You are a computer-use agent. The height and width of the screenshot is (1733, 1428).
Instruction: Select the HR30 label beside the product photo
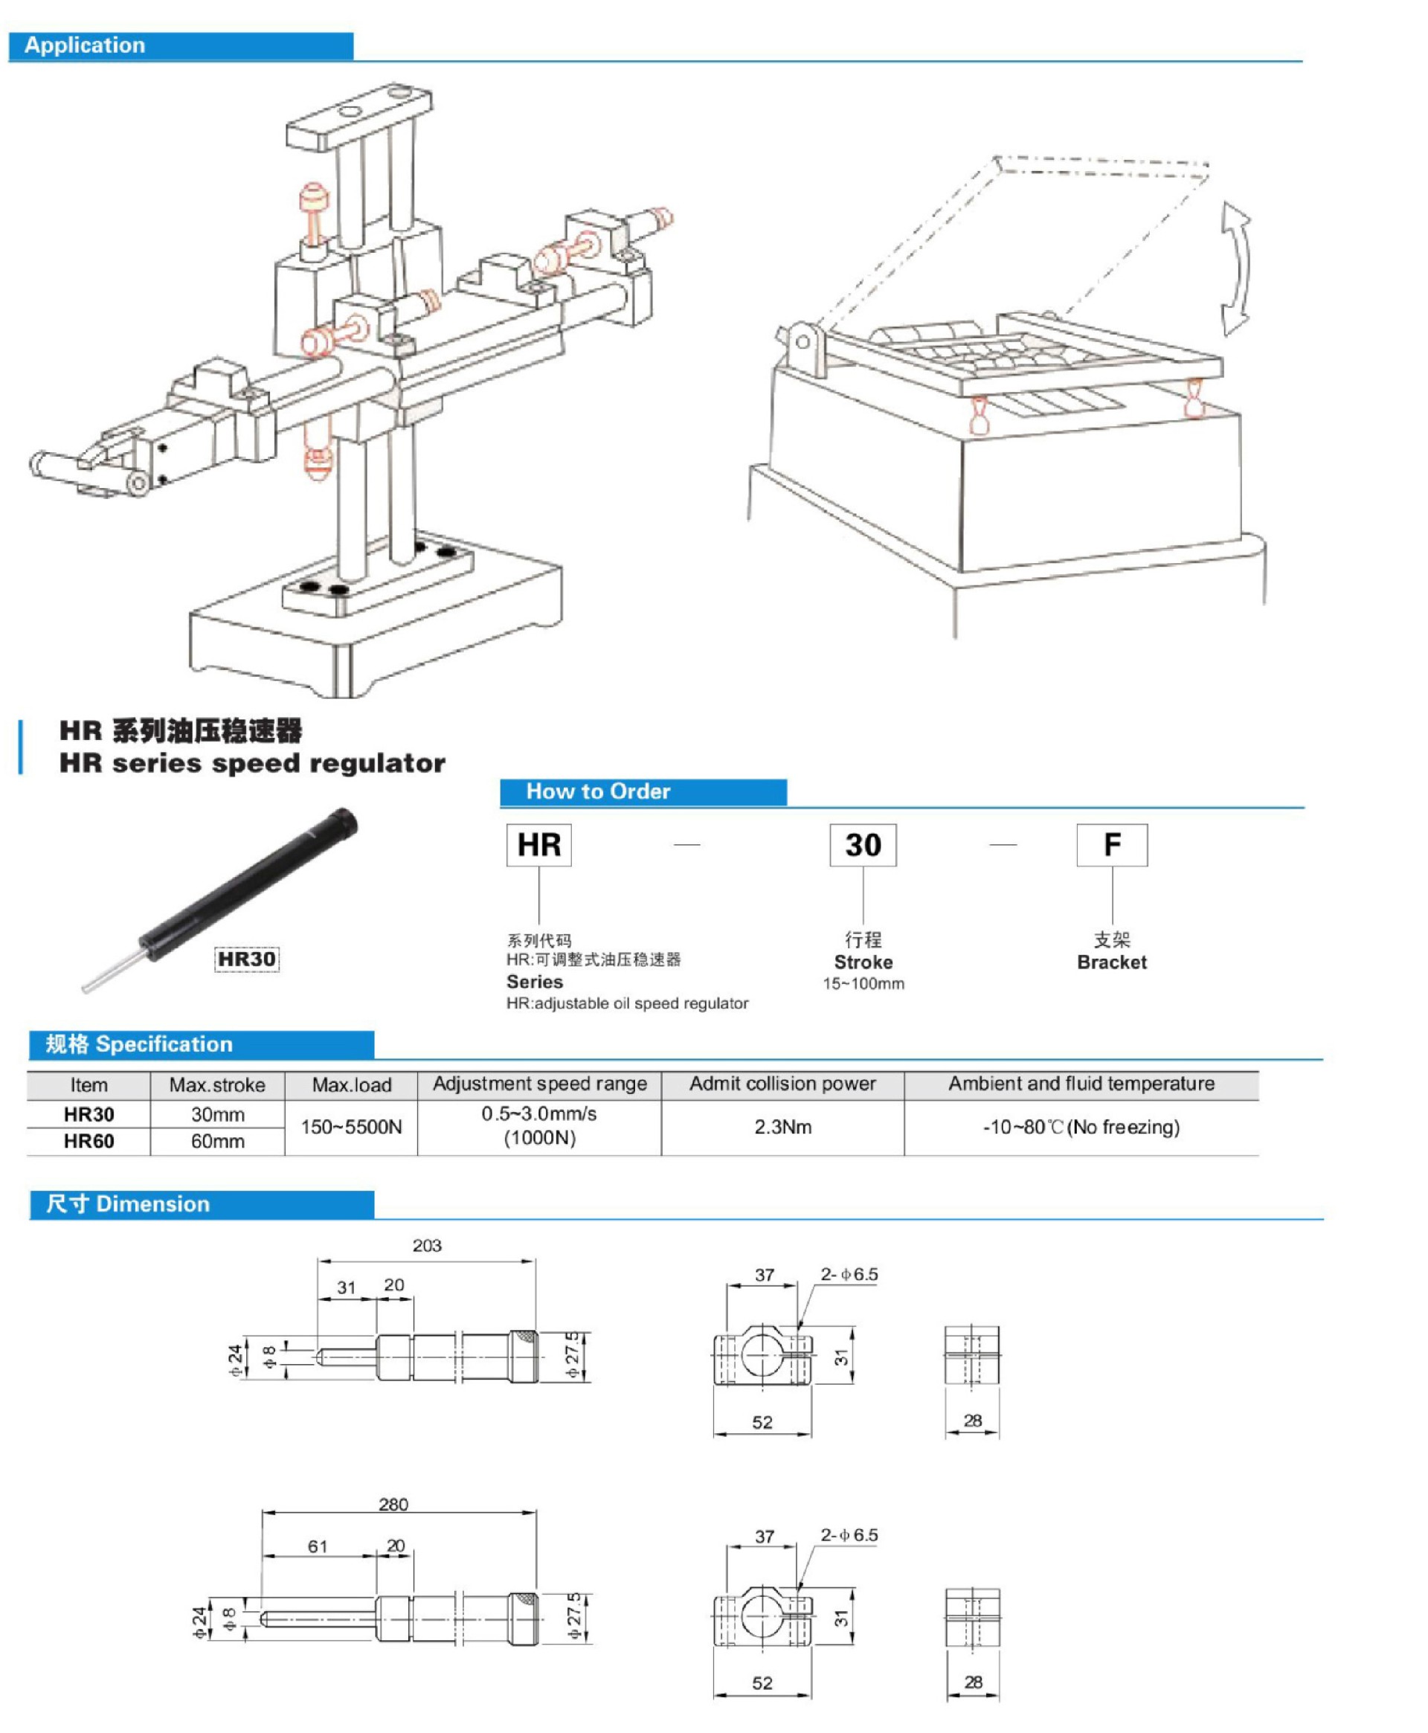click(246, 959)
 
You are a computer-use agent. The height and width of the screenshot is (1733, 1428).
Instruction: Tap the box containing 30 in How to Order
click(862, 845)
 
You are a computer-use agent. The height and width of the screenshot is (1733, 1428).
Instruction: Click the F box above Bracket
click(1111, 845)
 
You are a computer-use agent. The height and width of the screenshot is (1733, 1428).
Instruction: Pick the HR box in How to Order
click(538, 845)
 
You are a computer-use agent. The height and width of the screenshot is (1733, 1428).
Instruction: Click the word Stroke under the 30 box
click(863, 962)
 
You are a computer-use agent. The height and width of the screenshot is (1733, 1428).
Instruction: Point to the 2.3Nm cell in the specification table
click(782, 1127)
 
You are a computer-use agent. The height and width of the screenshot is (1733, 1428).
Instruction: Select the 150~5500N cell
click(351, 1127)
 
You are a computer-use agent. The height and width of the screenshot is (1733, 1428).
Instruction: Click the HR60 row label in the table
click(89, 1142)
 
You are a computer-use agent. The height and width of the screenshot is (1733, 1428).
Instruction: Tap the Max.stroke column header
click(217, 1085)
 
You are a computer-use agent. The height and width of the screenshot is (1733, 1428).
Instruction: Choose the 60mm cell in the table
click(217, 1142)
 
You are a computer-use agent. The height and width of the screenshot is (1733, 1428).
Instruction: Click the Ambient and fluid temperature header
click(1081, 1084)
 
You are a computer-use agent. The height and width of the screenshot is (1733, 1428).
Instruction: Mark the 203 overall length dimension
click(427, 1245)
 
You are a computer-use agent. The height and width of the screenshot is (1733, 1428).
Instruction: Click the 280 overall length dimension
click(393, 1505)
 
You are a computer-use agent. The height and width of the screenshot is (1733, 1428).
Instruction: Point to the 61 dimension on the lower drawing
click(318, 1546)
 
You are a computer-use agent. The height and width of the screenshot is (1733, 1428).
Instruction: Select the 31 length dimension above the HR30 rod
click(347, 1287)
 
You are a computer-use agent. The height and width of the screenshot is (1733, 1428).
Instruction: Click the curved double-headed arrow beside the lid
click(1235, 269)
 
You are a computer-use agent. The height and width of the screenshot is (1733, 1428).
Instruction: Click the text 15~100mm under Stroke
click(863, 984)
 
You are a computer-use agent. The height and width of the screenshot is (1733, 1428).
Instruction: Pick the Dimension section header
click(202, 1204)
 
